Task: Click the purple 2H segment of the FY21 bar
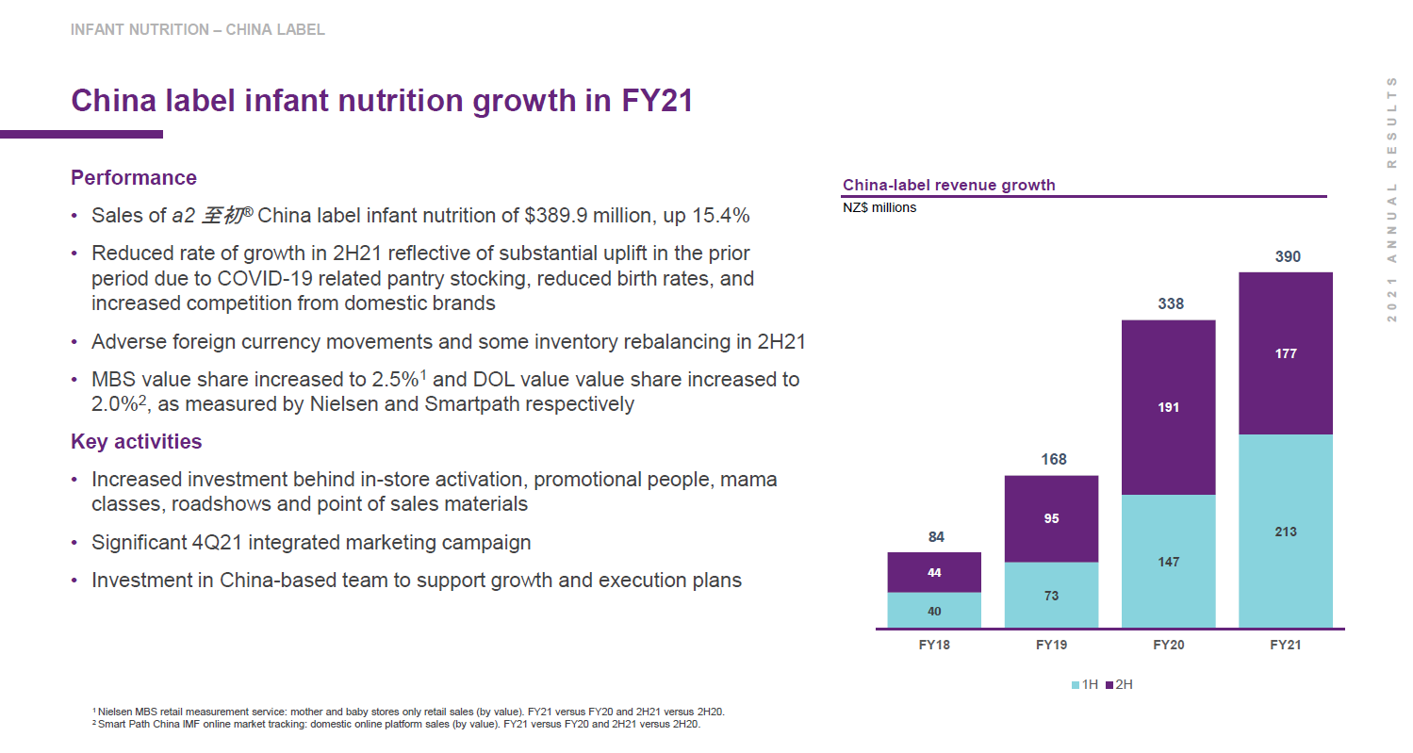[1285, 353]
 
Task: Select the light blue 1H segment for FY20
[1168, 562]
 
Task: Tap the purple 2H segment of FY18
[934, 572]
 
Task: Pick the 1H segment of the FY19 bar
[1051, 595]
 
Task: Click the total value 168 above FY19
[1053, 459]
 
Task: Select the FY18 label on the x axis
[934, 646]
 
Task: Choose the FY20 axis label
[1168, 646]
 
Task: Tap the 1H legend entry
[1085, 684]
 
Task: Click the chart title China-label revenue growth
[948, 185]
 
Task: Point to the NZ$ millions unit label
[879, 207]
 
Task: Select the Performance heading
[134, 178]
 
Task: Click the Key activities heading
[137, 441]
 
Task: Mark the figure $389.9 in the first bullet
[556, 215]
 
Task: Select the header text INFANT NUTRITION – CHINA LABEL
[198, 30]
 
